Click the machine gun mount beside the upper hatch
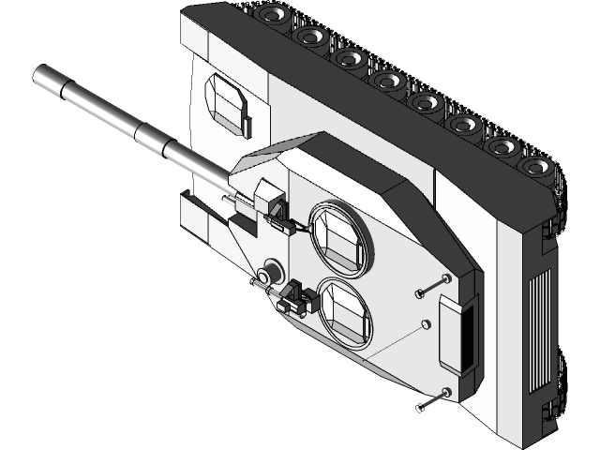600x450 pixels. coord(277,212)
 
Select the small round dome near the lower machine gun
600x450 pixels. coord(273,269)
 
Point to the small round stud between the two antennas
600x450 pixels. coord(425,323)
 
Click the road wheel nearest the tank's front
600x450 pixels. coord(273,15)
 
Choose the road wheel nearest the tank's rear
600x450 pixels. coord(535,168)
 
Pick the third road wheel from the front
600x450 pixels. coord(348,58)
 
